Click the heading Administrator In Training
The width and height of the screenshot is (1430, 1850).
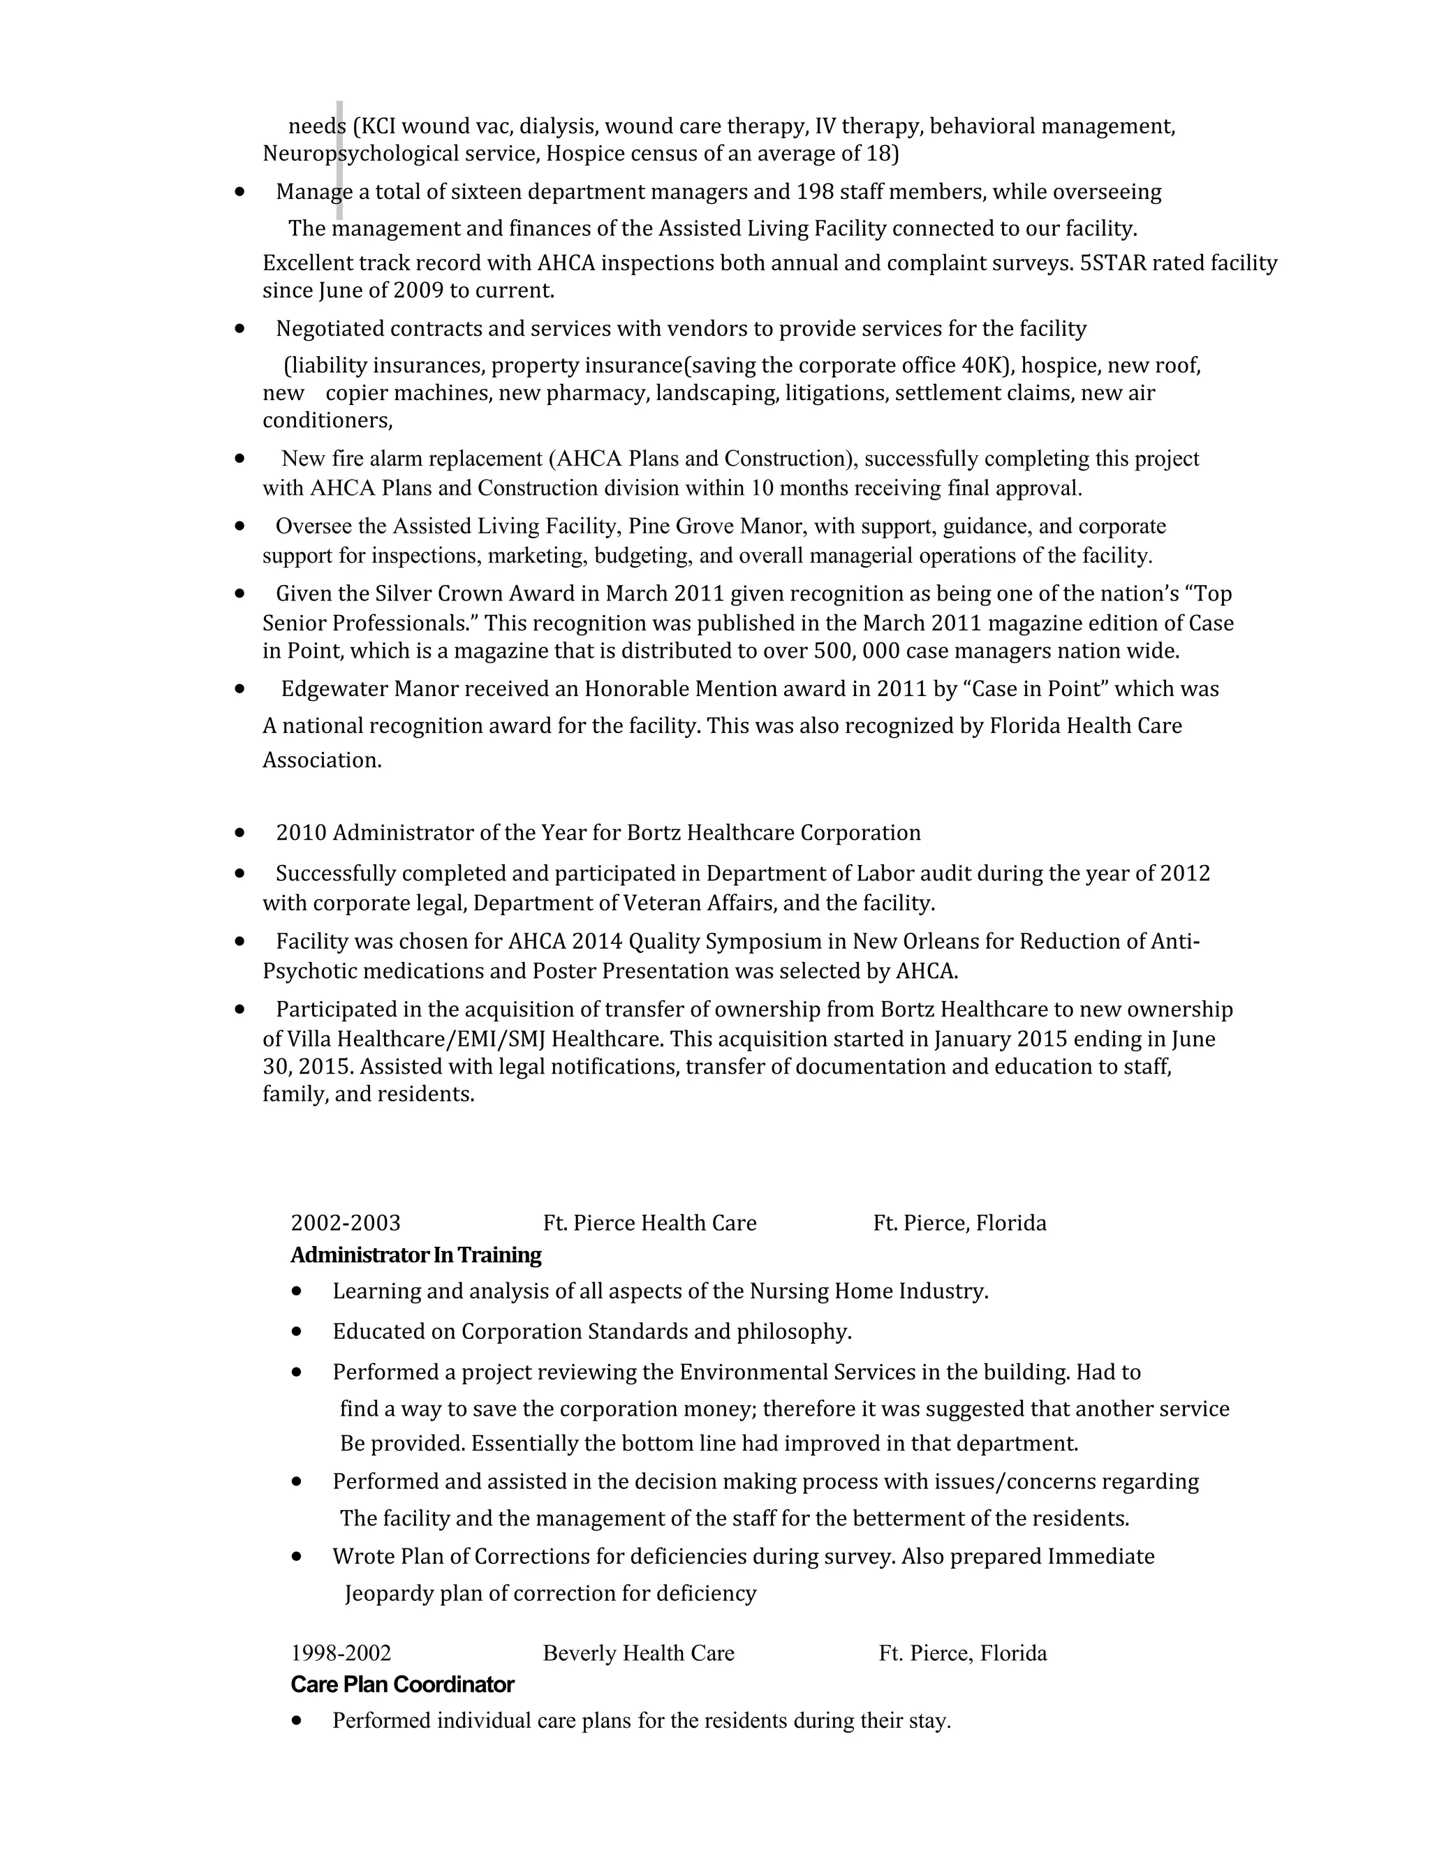click(415, 1255)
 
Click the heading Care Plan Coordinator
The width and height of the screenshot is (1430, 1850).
click(401, 1684)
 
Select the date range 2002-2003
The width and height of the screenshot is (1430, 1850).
click(346, 1223)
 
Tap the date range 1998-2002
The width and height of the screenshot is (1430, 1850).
click(341, 1652)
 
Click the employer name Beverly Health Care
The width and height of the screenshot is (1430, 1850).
click(638, 1652)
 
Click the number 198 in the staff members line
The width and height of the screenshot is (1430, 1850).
click(815, 192)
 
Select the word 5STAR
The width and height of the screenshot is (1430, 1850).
click(1112, 263)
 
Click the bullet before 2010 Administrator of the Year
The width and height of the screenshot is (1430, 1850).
click(241, 833)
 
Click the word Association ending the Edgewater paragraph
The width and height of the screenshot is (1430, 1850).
click(321, 761)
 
